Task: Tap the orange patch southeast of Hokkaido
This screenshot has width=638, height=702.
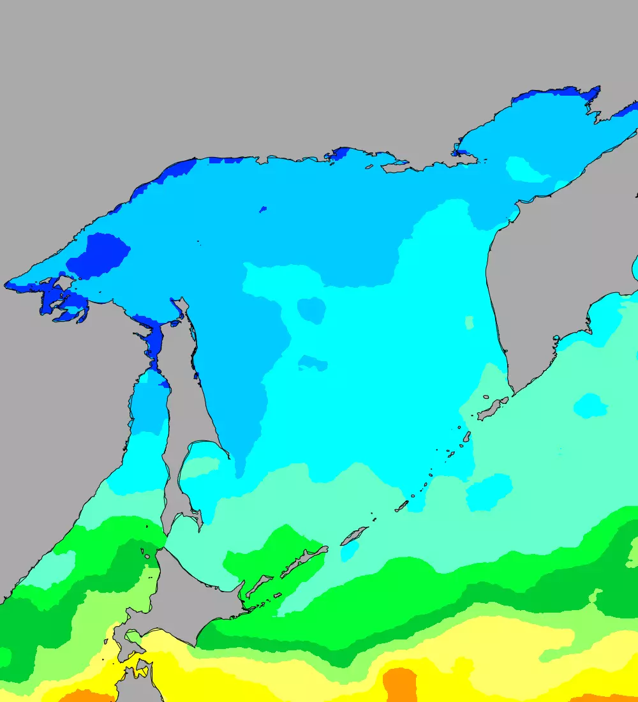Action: pyautogui.click(x=400, y=684)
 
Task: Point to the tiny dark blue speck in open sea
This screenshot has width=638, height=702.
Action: pyautogui.click(x=262, y=209)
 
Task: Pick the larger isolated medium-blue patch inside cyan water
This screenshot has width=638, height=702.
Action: pyautogui.click(x=312, y=310)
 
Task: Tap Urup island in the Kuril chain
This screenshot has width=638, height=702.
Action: pyautogui.click(x=354, y=535)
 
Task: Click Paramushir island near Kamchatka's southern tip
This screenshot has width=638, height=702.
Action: pyautogui.click(x=492, y=408)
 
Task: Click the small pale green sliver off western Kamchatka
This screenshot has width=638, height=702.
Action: pyautogui.click(x=470, y=322)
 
